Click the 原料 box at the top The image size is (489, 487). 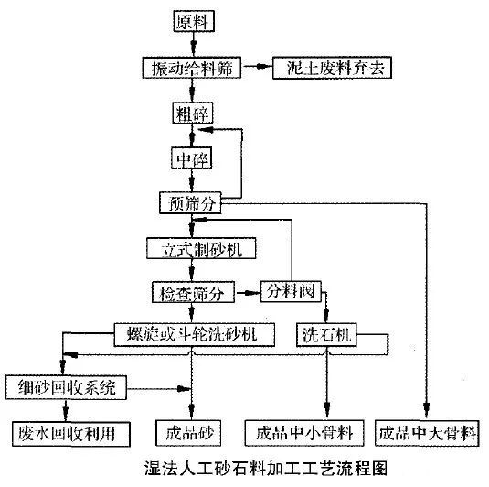192,21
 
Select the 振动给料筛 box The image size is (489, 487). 192,69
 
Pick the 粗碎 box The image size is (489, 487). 192,114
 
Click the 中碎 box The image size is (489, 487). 192,159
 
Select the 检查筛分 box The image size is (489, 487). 192,293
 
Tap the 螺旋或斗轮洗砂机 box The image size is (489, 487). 194,334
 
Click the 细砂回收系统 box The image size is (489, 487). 61,387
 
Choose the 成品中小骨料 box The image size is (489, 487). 306,431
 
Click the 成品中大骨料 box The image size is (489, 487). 427,431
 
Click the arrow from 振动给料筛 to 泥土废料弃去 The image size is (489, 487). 258,69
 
